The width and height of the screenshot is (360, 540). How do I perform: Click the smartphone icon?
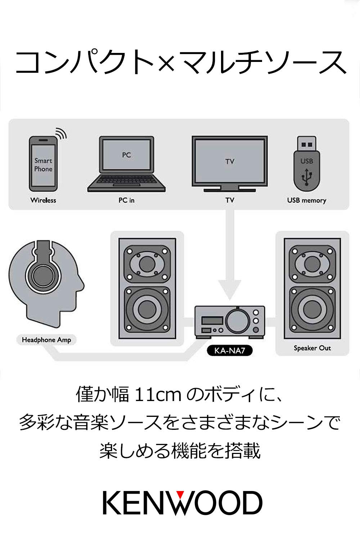click(43, 164)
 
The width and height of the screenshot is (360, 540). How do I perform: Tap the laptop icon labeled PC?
click(126, 164)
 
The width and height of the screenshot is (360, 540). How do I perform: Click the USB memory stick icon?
click(306, 164)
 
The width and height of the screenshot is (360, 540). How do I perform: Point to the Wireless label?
click(43, 200)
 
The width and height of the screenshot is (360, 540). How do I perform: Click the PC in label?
click(126, 200)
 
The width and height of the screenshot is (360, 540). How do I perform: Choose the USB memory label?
click(306, 200)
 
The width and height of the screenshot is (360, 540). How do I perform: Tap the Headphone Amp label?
click(46, 340)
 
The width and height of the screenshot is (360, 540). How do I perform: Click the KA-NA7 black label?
click(230, 350)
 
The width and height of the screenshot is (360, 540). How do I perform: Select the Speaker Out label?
click(312, 348)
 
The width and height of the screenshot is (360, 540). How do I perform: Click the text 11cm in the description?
click(157, 395)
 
